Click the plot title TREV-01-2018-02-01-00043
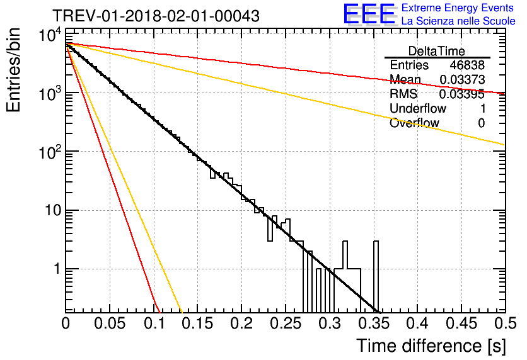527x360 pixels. click(156, 16)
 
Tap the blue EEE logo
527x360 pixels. click(369, 14)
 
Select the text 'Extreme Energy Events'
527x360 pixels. click(458, 8)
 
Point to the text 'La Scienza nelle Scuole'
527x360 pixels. click(458, 21)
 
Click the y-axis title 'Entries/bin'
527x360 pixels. click(13, 70)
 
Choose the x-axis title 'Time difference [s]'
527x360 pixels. click(431, 346)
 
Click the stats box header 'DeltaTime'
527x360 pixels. click(437, 51)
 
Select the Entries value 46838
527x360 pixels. click(467, 65)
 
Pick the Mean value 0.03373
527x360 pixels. click(462, 79)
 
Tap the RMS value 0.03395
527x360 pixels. click(462, 94)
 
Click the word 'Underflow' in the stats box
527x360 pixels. click(418, 108)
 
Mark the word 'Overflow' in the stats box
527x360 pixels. click(414, 123)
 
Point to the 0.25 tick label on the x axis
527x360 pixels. click(286, 323)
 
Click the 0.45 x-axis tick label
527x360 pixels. click(462, 323)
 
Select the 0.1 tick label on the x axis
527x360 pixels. click(154, 323)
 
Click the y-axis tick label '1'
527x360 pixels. click(57, 269)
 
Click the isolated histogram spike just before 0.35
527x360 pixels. click(376, 277)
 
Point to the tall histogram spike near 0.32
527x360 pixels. click(345, 255)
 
